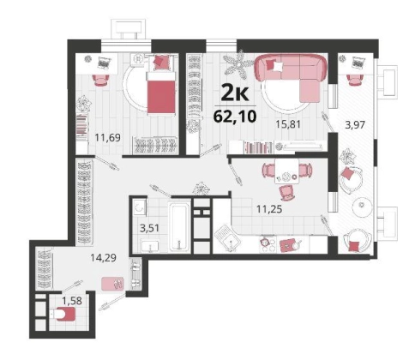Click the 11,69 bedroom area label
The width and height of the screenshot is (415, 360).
click(108, 138)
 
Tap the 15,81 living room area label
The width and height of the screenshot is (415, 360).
click(288, 124)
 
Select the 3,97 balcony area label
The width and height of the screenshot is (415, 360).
click(355, 125)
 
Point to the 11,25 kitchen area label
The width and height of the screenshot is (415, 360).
click(269, 209)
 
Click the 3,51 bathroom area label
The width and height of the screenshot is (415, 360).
click(149, 228)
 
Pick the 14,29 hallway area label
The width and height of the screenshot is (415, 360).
click(104, 258)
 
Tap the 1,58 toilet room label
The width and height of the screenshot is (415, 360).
click(72, 301)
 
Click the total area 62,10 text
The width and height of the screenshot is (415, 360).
click(235, 116)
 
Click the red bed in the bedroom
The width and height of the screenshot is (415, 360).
click(161, 93)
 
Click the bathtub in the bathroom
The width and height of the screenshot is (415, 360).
click(179, 227)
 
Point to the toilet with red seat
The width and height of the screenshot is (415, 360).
click(63, 314)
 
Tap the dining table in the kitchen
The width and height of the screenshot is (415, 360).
click(286, 171)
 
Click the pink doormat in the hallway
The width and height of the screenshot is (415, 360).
click(113, 284)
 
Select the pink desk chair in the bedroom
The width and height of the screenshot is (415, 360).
click(101, 80)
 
